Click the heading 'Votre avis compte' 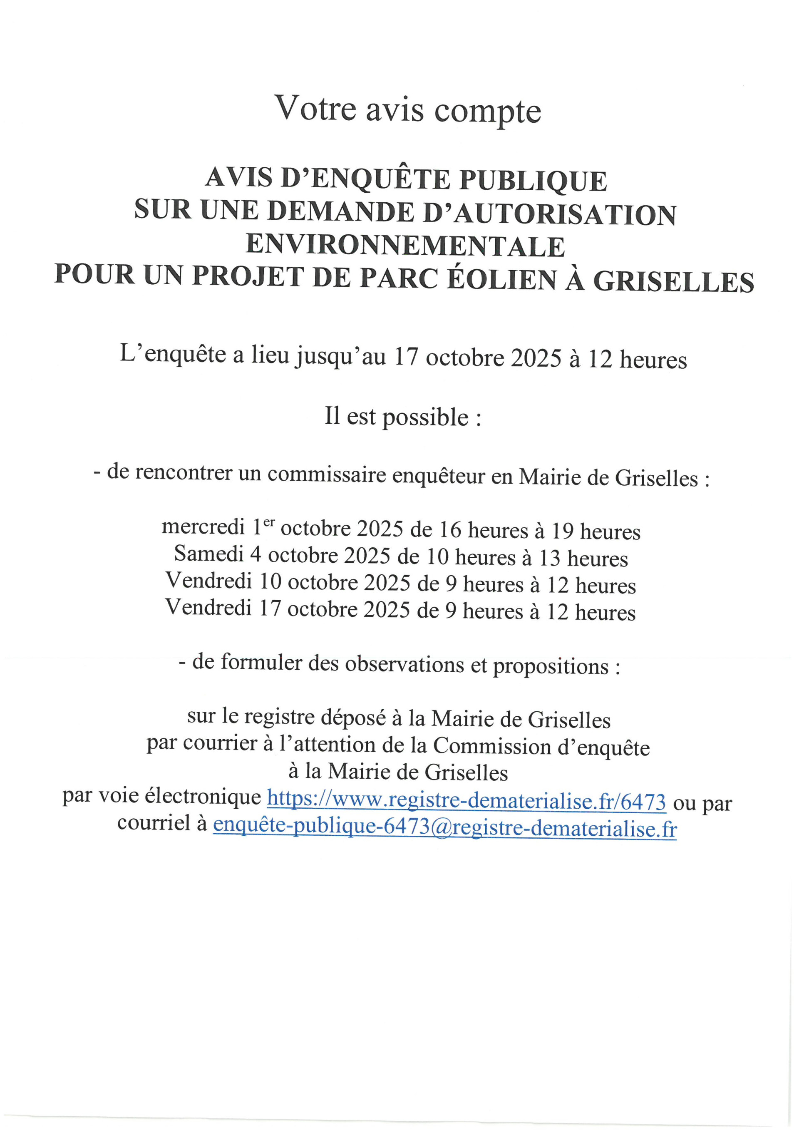tap(408, 109)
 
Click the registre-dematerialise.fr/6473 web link tap(466, 801)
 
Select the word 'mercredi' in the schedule tap(203, 527)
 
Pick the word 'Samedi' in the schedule tap(209, 555)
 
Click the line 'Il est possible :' tap(402, 417)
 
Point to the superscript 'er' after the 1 tap(269, 523)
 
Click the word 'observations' tap(404, 665)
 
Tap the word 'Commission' tap(491, 747)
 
